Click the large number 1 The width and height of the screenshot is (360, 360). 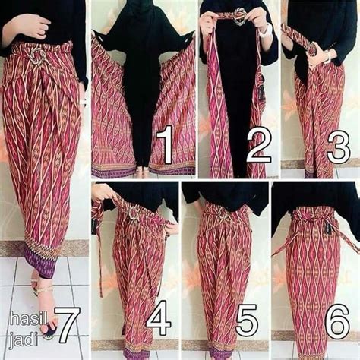[165, 145]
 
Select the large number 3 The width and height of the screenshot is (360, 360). [339, 146]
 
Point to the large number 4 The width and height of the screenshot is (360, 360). [159, 318]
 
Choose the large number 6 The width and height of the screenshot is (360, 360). [337, 319]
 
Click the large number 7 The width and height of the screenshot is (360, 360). [67, 325]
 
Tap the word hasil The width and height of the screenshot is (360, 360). [28, 320]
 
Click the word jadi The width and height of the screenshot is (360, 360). [24, 339]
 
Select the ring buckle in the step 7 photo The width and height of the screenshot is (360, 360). [38, 58]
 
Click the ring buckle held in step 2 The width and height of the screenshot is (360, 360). [239, 16]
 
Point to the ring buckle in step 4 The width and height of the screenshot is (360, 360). [133, 214]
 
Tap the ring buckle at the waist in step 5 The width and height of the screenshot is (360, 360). [223, 213]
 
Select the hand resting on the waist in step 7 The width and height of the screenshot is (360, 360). [27, 27]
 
